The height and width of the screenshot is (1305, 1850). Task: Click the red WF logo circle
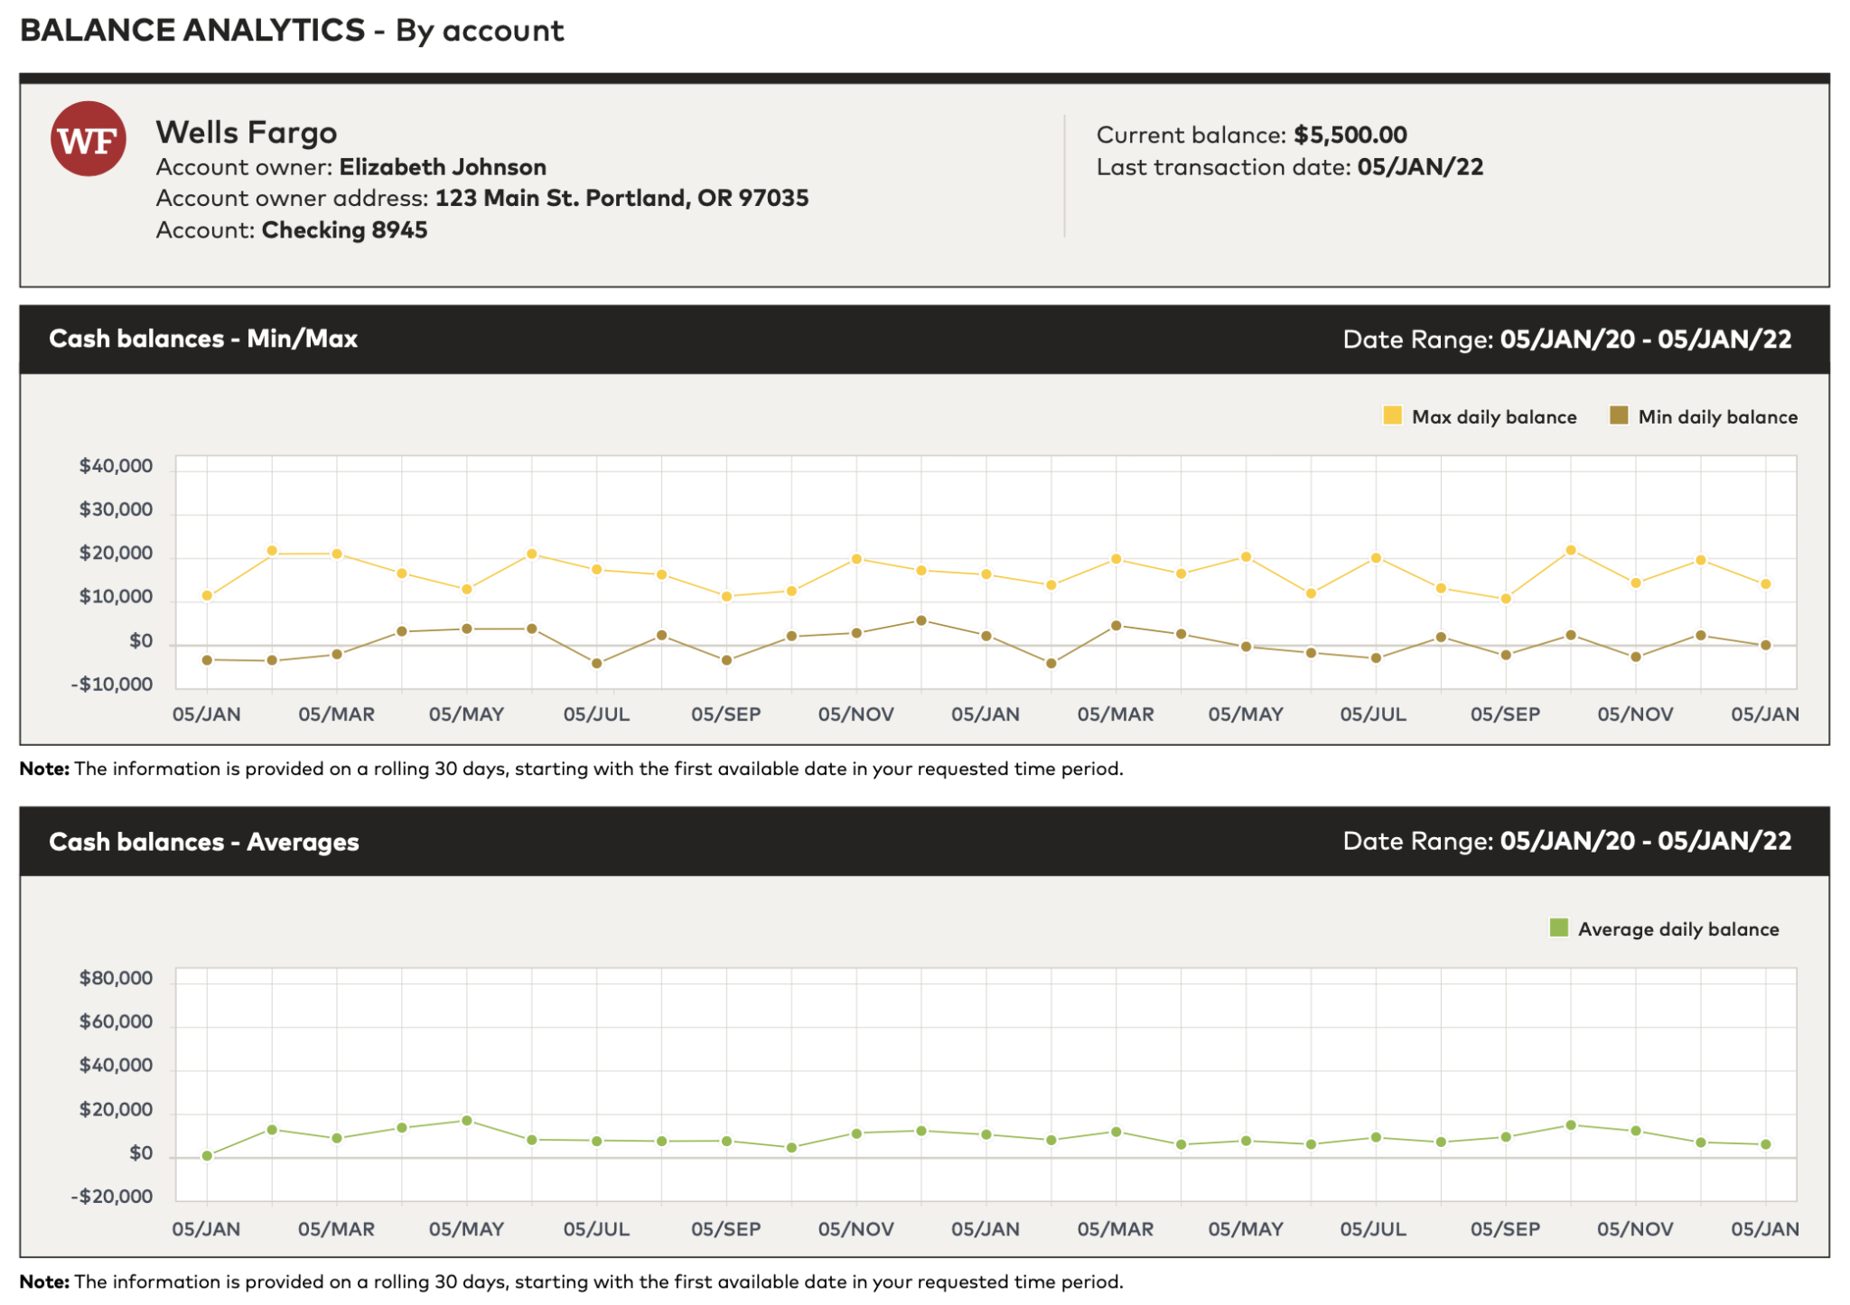[x=88, y=139]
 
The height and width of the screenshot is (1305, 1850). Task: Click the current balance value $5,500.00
[x=1350, y=135]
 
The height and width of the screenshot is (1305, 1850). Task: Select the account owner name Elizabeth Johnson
[x=443, y=167]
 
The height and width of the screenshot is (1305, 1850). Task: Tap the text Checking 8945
[x=344, y=230]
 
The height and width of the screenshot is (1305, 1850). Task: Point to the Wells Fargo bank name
[x=247, y=133]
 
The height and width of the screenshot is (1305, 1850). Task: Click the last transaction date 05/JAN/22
[x=1419, y=167]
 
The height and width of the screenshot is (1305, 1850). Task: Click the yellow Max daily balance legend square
[x=1392, y=415]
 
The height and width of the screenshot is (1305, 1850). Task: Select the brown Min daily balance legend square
[x=1619, y=415]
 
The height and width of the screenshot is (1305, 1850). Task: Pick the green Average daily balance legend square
[x=1558, y=927]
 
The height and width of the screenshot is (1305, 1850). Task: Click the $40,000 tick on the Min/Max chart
[x=117, y=466]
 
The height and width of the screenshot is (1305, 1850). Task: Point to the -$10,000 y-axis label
[x=112, y=684]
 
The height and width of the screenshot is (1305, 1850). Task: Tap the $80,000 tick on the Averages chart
[x=117, y=978]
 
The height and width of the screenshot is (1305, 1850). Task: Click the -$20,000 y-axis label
[x=112, y=1197]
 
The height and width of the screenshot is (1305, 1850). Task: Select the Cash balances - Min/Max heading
[x=203, y=339]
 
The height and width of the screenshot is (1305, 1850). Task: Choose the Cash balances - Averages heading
[x=204, y=842]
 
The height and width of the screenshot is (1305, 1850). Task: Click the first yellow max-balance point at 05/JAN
[x=207, y=596]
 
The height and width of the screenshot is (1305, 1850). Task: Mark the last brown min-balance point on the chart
[x=1765, y=645]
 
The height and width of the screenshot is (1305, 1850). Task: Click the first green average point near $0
[x=207, y=1155]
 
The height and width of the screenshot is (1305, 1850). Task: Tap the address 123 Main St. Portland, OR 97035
[x=621, y=199]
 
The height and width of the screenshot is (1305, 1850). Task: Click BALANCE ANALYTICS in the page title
[x=192, y=31]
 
